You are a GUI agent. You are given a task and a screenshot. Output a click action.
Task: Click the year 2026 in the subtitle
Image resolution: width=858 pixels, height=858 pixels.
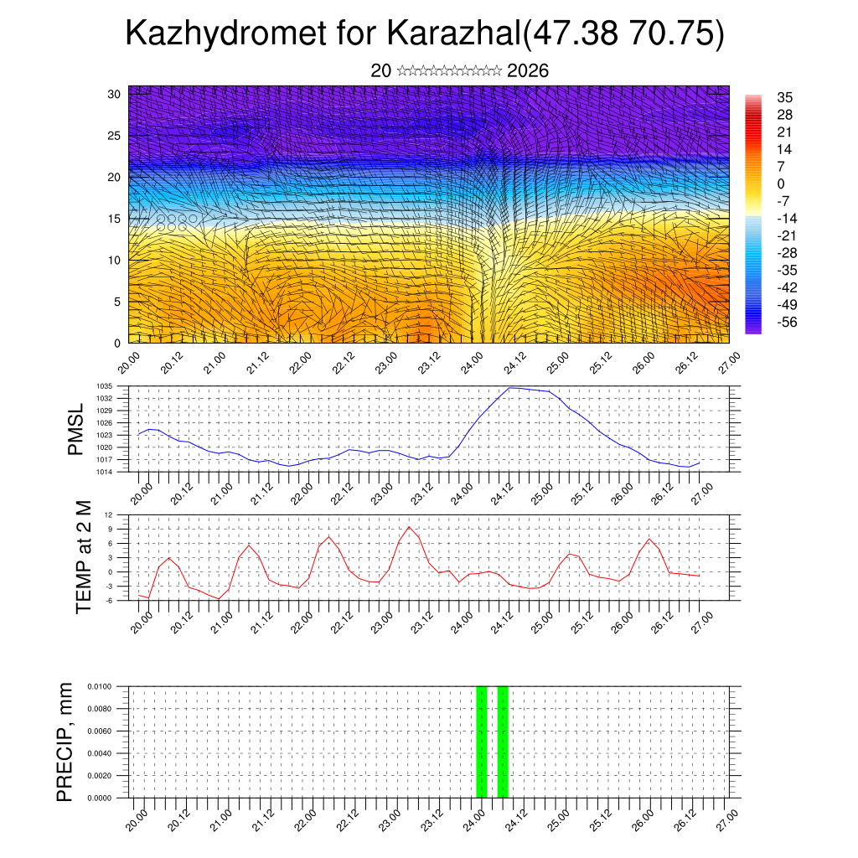pos(528,71)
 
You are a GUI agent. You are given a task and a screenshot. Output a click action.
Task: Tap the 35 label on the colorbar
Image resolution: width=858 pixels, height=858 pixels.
pos(785,97)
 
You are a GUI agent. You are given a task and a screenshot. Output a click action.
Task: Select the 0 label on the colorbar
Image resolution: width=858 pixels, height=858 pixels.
pos(781,183)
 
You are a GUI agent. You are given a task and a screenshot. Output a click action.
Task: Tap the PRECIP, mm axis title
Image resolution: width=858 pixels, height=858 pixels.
pos(65,742)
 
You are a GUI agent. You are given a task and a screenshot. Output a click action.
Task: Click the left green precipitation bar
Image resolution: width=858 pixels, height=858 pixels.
pos(482,742)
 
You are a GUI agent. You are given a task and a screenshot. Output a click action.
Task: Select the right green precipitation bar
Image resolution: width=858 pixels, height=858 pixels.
pos(503,742)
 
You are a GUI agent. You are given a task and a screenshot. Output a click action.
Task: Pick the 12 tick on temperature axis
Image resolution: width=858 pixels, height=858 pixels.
pos(109,514)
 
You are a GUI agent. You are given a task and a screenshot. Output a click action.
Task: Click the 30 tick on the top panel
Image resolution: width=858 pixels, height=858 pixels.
pos(114,94)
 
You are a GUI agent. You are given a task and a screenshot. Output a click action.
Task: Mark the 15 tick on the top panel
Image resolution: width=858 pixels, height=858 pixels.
pos(114,219)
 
